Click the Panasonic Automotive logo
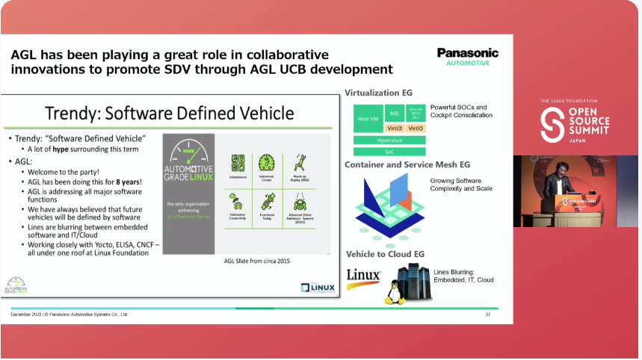click(x=467, y=57)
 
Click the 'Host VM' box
click(x=368, y=119)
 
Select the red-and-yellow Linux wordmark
click(x=364, y=276)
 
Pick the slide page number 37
click(x=488, y=314)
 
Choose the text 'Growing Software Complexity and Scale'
click(x=462, y=185)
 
